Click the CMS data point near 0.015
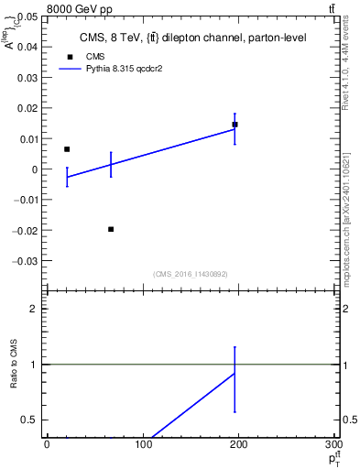pos(235,124)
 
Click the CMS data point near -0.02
pos(111,229)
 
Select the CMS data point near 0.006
pos(67,148)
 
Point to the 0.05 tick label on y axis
pos(28,17)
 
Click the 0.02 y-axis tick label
pos(28,108)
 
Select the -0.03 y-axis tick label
pos(27,260)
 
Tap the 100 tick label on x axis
pos(143,446)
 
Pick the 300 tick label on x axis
pos(333,446)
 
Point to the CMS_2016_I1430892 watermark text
pos(191,273)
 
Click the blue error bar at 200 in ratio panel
pos(235,379)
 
